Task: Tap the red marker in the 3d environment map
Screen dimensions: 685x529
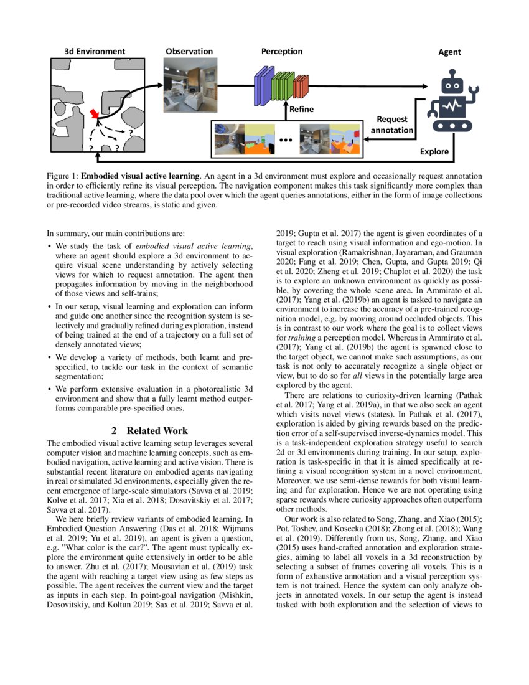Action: (94, 113)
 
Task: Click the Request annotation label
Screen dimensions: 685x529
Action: (391, 124)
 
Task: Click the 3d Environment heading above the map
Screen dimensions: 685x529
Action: (95, 51)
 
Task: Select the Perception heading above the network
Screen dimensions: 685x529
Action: (281, 51)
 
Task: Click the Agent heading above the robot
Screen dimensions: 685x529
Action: (449, 52)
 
